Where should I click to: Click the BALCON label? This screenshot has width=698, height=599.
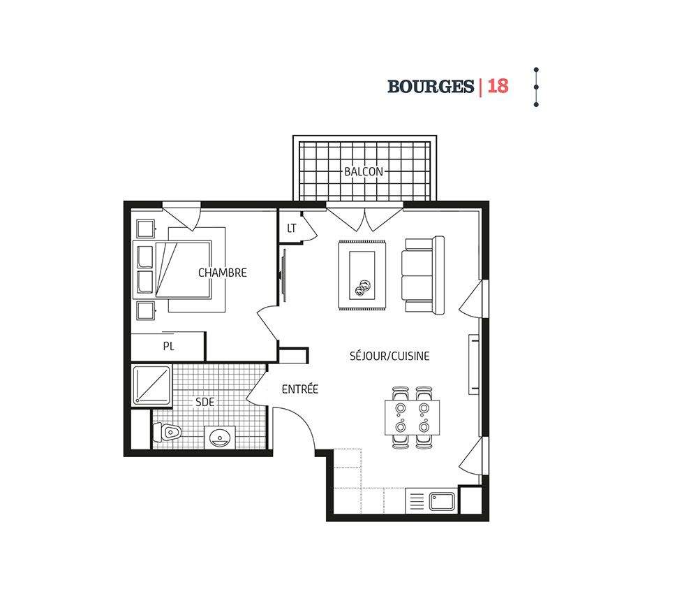tap(363, 171)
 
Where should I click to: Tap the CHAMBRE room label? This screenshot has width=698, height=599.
tap(222, 273)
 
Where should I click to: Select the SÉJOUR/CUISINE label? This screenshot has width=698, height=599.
tap(389, 356)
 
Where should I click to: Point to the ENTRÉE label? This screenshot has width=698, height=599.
tap(300, 389)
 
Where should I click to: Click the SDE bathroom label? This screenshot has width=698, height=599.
tap(205, 402)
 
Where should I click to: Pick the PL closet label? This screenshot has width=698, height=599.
tap(168, 346)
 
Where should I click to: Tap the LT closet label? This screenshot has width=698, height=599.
tap(292, 229)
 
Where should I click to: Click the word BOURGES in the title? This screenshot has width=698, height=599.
tap(431, 87)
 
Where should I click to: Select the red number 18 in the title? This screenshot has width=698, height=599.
tap(498, 86)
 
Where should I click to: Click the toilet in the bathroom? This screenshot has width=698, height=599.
tap(167, 432)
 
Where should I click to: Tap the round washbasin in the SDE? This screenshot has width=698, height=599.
tap(219, 438)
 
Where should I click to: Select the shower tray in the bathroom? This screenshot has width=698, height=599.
tap(151, 386)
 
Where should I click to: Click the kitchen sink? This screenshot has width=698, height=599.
tap(442, 501)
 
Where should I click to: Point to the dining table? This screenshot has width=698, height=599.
tap(413, 417)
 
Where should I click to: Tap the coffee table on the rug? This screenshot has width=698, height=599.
tap(362, 275)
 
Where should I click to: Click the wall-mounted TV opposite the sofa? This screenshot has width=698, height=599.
tap(283, 276)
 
